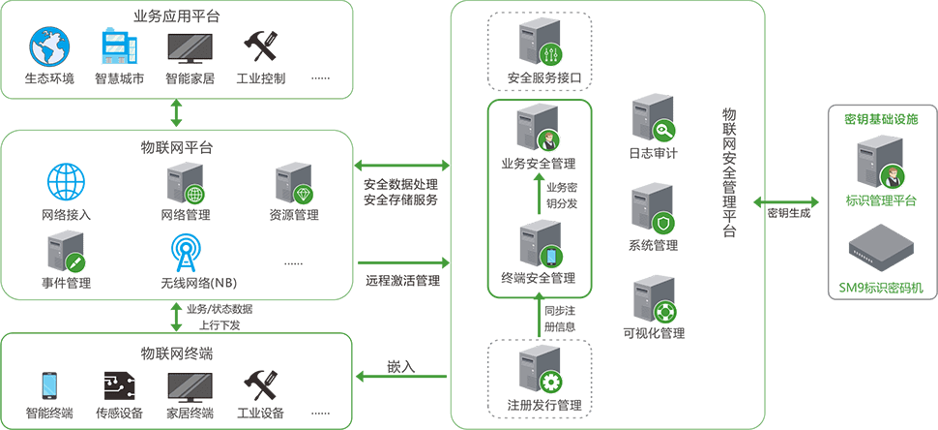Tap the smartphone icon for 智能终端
click(48, 385)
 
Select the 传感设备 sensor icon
click(119, 385)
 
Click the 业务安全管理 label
click(538, 162)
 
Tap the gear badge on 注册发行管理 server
click(551, 380)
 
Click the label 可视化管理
click(655, 333)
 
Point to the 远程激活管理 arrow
click(403, 262)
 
